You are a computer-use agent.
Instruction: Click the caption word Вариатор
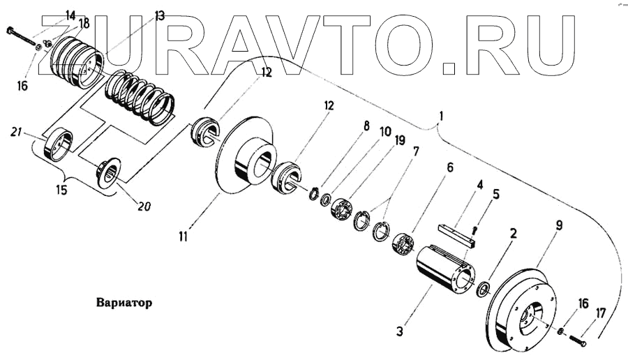click(122, 304)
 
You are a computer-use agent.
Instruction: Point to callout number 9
click(559, 225)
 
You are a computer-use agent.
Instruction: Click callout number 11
click(182, 237)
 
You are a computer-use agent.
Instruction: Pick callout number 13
click(160, 15)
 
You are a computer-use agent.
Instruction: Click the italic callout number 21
click(17, 133)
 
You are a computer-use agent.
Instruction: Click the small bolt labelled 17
click(576, 341)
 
